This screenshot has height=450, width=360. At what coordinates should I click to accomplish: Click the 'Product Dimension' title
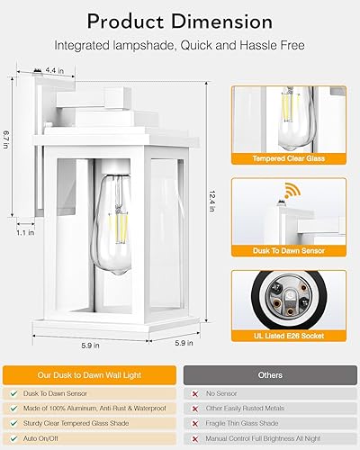(180, 20)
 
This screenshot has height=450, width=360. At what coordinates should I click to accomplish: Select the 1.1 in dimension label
(26, 232)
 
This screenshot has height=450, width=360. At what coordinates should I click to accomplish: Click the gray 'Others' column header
(270, 373)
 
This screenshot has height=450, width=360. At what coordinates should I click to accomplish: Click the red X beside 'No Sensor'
(195, 394)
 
